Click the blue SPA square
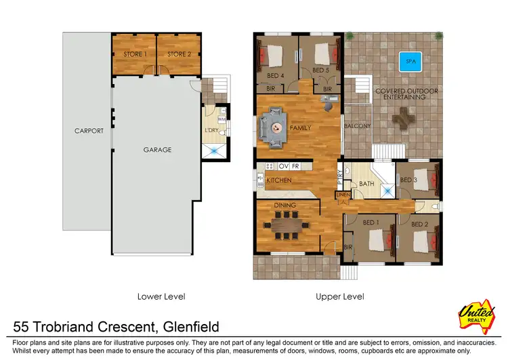(408, 61)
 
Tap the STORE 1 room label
(134, 54)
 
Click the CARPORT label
(89, 131)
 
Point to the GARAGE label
(156, 150)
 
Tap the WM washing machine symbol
(221, 119)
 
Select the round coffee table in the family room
(276, 127)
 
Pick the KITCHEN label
(278, 180)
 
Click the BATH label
(366, 184)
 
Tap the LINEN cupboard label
(343, 196)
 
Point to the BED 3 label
(408, 180)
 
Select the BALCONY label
(357, 126)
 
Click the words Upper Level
(339, 296)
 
